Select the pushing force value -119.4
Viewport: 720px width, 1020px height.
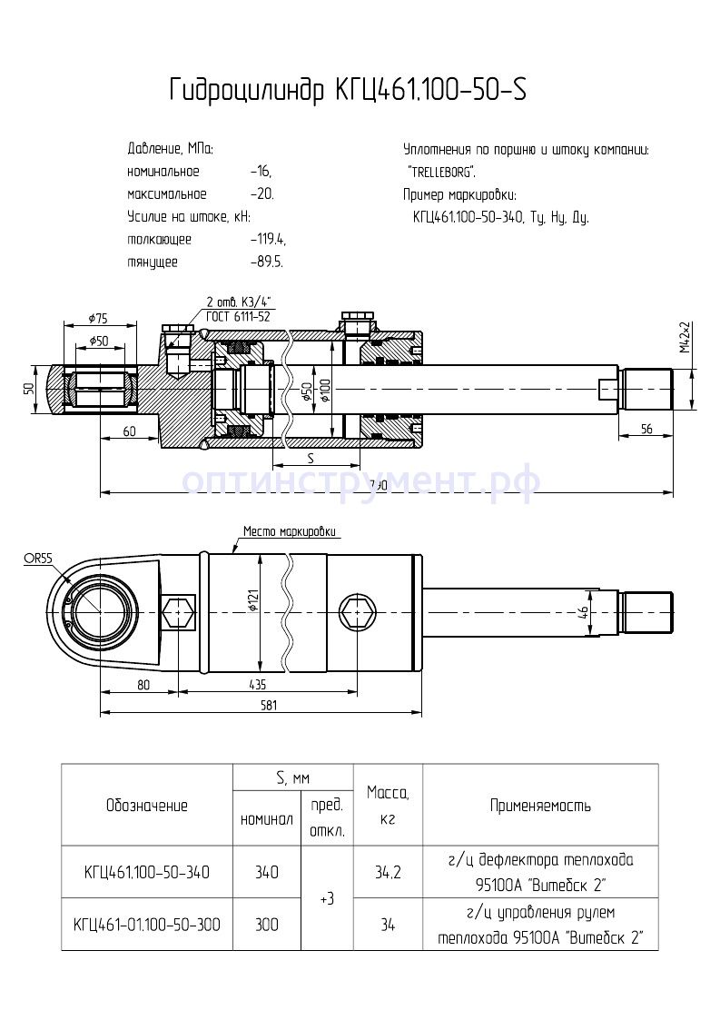click(268, 240)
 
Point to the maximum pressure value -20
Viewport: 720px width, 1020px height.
click(261, 194)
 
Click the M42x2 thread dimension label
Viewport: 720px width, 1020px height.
click(687, 338)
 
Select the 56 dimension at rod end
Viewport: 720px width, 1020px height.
click(646, 430)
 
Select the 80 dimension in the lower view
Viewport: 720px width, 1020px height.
click(143, 685)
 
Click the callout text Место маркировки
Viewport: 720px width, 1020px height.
click(290, 531)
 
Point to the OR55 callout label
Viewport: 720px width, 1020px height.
click(37, 559)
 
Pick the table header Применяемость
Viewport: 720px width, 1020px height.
click(540, 806)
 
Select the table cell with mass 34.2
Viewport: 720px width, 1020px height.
click(388, 873)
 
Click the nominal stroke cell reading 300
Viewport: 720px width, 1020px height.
click(265, 925)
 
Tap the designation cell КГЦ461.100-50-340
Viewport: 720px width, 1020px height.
click(147, 873)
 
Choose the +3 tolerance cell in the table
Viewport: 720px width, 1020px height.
click(327, 898)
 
